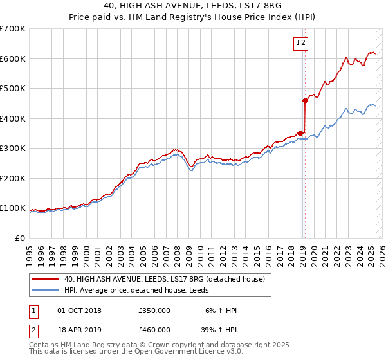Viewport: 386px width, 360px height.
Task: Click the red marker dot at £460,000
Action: tap(305, 100)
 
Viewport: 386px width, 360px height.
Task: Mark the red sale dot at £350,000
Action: tap(300, 133)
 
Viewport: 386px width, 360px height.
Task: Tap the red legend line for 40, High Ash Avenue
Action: tap(45, 279)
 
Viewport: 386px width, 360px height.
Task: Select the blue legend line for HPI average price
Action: tap(45, 290)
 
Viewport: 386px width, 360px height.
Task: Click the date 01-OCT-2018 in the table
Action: tap(79, 310)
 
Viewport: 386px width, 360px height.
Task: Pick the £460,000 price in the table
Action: tap(154, 330)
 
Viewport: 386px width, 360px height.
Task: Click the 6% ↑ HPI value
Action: tap(221, 310)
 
